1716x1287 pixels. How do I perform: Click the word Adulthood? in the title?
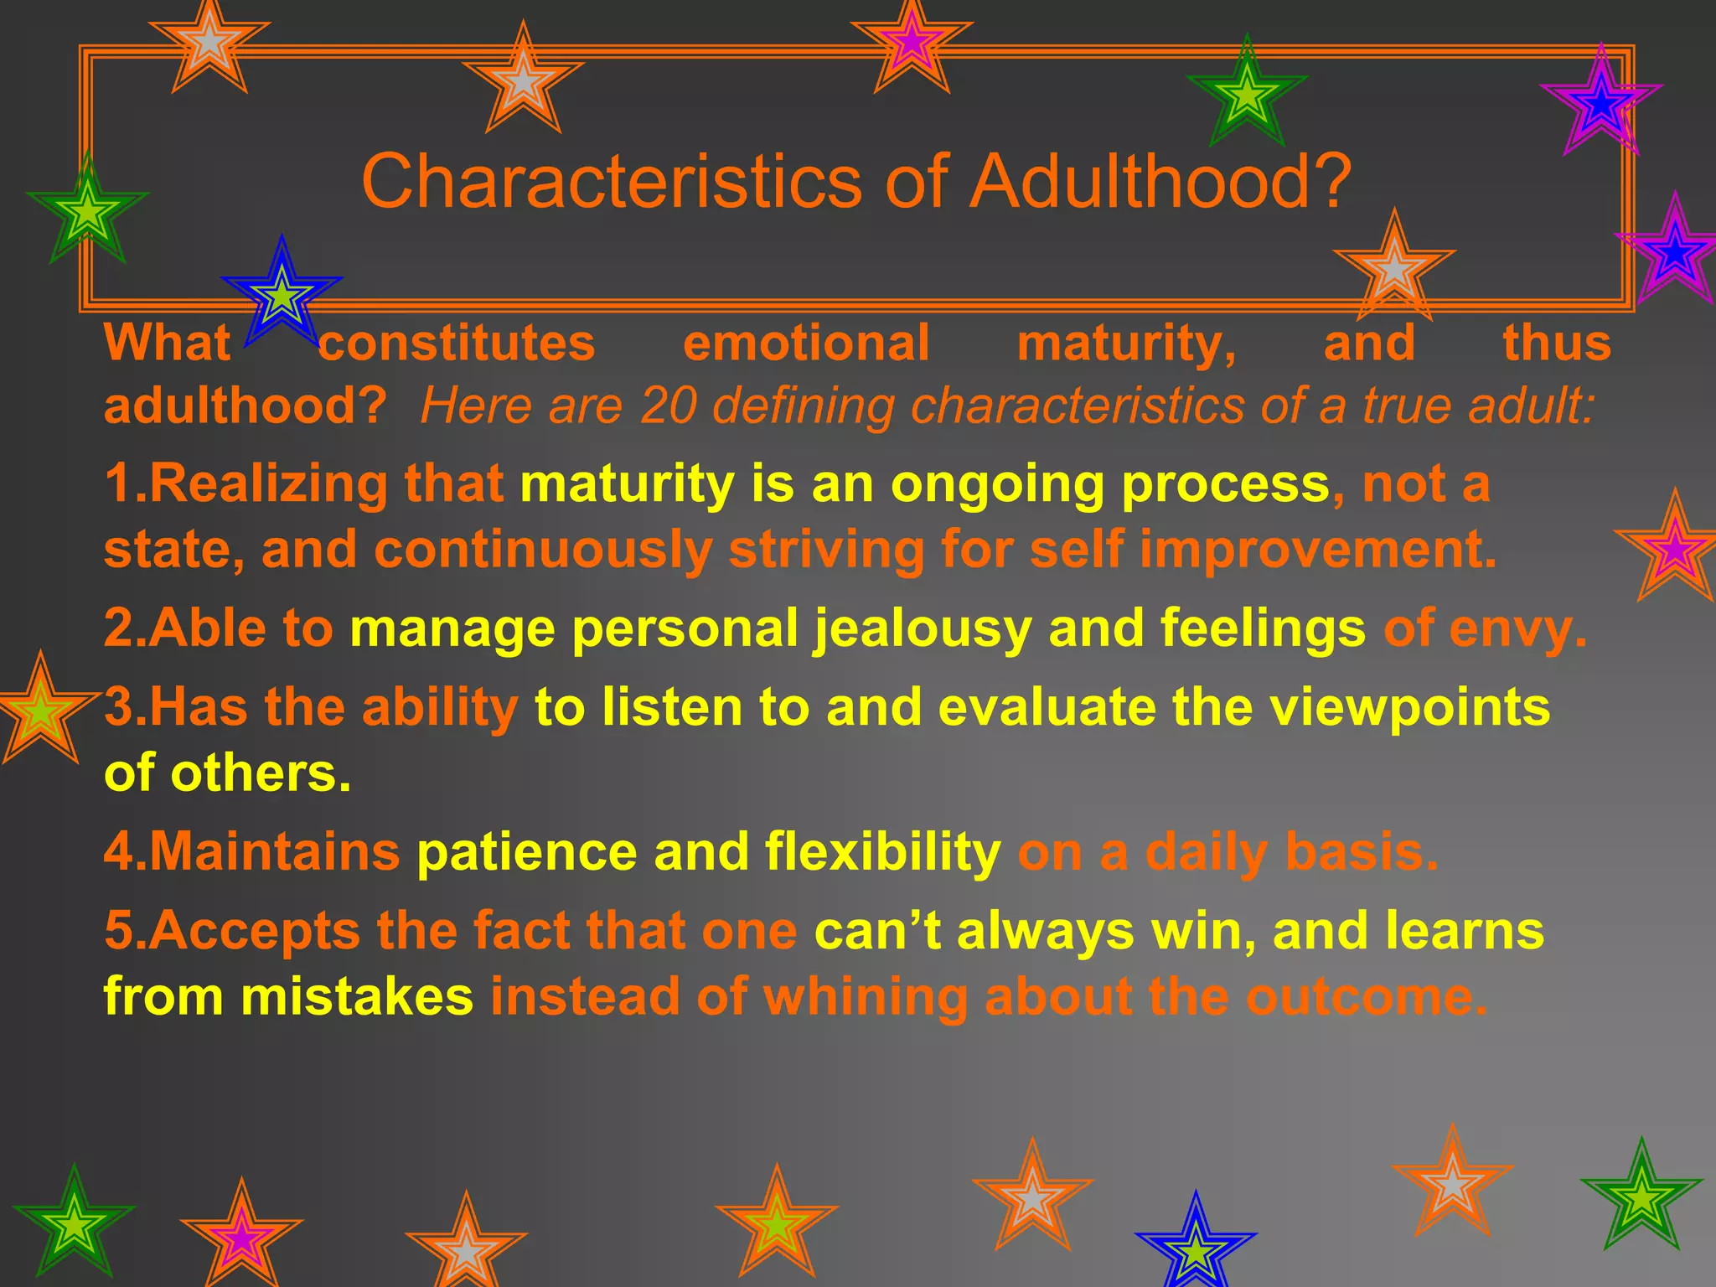pyautogui.click(x=1160, y=182)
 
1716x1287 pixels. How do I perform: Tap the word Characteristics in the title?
pyautogui.click(x=612, y=182)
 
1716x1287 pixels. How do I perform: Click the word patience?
pyautogui.click(x=528, y=853)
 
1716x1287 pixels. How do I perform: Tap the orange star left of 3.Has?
pyautogui.click(x=40, y=711)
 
